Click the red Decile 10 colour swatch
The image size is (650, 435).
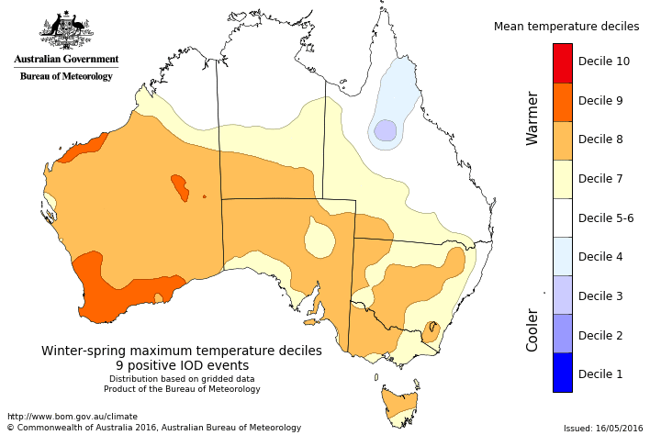click(563, 62)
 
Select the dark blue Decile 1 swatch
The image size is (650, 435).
click(563, 374)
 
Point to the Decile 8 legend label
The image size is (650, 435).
click(600, 139)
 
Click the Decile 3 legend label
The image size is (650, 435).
click(600, 296)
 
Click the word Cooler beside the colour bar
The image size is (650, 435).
click(532, 329)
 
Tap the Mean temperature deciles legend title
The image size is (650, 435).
click(566, 27)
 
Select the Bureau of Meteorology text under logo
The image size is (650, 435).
click(66, 76)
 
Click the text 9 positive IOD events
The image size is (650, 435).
click(182, 365)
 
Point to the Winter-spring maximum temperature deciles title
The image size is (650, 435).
click(182, 351)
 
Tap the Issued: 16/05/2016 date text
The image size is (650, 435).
click(603, 428)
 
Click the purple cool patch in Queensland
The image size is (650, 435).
click(386, 130)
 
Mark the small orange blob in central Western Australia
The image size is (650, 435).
click(180, 187)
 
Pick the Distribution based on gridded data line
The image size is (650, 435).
click(182, 379)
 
